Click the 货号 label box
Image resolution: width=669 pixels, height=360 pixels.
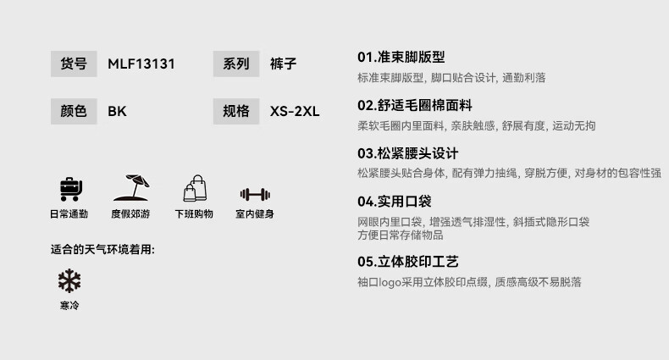74,64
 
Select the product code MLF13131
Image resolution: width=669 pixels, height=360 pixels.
141,64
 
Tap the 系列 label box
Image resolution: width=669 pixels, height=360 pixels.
236,64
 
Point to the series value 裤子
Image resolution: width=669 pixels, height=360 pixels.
284,64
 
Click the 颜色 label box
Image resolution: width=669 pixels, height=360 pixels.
74,111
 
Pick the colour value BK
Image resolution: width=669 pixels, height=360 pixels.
117,111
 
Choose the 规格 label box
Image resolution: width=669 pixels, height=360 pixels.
236,111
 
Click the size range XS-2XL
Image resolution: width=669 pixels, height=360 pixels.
295,111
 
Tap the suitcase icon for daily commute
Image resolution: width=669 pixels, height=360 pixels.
69,189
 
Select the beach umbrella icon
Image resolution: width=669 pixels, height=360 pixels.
130,188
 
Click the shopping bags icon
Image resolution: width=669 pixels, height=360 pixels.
195,188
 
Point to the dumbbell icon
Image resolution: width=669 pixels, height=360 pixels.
255,194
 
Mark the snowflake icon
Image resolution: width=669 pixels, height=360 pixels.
69,281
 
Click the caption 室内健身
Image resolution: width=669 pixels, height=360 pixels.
255,214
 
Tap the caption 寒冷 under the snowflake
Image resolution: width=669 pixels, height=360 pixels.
69,306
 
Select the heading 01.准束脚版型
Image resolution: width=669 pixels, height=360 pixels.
401,57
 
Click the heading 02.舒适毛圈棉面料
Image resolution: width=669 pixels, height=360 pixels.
414,105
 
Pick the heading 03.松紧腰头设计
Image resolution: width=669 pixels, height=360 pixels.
407,153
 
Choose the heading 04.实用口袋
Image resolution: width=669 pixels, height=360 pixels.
394,202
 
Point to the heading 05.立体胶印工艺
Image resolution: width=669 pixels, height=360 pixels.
407,262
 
